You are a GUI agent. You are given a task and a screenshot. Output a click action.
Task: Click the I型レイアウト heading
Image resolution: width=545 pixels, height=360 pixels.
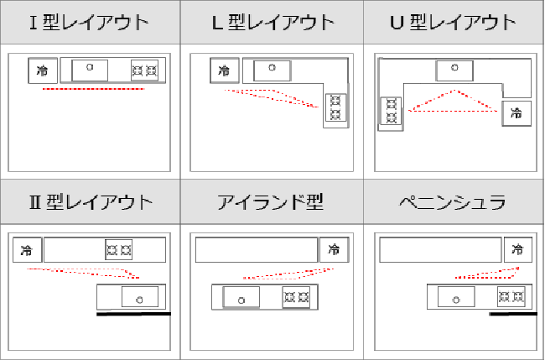90,23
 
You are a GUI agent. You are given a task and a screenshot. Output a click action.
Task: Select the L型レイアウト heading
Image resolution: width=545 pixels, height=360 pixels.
273,23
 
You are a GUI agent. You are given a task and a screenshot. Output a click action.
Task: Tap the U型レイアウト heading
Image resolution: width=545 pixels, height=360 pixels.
454,23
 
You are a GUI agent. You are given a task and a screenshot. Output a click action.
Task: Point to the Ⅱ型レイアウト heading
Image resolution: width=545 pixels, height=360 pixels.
91,202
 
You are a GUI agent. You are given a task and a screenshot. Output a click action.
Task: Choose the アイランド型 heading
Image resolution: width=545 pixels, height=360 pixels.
271,202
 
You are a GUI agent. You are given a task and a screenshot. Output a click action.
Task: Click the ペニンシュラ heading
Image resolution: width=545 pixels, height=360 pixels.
454,202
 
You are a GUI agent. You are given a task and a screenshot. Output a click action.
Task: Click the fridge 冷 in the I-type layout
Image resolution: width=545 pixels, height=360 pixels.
43,70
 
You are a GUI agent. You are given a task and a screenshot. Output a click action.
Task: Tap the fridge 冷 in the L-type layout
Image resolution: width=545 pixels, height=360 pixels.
225,70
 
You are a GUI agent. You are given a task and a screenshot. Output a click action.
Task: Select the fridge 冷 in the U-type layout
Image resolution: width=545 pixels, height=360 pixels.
516,113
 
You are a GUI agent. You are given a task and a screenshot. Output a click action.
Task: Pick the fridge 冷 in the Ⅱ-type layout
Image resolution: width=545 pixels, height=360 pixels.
27,250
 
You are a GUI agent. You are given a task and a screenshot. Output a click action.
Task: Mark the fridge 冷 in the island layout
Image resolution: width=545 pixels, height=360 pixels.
334,250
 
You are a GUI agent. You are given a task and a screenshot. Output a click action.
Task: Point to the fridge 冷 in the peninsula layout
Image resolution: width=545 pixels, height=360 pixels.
518,250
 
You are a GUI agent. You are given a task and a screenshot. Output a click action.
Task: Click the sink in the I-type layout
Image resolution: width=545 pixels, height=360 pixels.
90,70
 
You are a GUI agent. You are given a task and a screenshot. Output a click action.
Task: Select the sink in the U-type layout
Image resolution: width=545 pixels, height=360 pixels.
454,70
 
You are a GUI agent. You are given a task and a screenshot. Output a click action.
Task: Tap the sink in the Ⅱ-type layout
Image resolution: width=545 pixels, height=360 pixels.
140,297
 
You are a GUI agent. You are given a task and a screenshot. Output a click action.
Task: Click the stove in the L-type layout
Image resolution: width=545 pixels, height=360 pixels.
335,107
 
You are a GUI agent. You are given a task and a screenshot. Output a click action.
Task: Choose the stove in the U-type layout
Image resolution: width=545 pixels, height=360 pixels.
391,111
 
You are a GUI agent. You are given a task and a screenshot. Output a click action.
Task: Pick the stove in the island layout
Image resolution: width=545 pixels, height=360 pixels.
296,297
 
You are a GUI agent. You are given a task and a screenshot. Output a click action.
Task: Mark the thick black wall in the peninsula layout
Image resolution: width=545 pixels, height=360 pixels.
513,314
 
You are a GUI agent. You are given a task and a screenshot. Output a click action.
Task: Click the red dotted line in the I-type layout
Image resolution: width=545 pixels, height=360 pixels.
93,89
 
